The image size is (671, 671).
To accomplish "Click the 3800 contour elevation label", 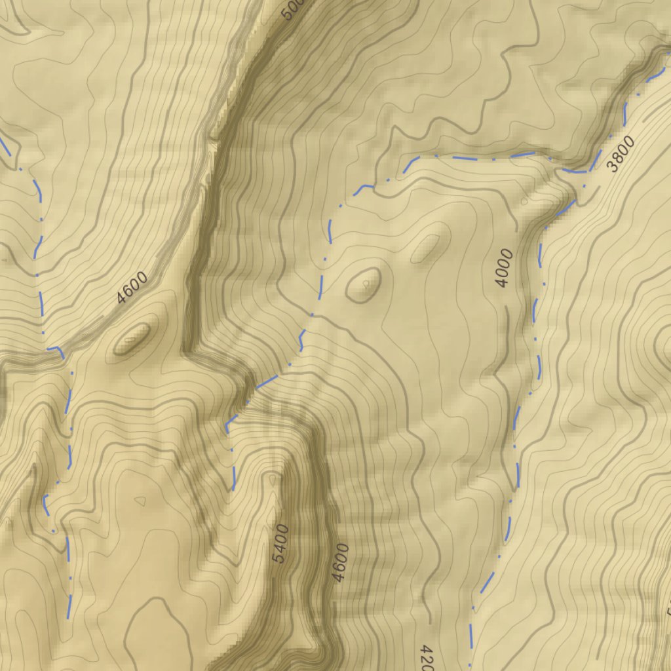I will [x=621, y=154].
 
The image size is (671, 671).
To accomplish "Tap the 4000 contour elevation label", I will [x=503, y=268].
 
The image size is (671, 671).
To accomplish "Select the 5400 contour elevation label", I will [x=280, y=544].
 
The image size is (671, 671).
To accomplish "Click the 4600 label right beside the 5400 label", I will [x=340, y=562].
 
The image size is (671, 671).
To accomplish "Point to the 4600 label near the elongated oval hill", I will [x=132, y=288].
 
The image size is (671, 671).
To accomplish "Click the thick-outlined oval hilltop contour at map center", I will [x=363, y=285].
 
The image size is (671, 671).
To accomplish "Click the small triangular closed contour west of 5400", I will [x=140, y=501].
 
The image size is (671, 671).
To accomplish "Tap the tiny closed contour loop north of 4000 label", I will [x=524, y=201].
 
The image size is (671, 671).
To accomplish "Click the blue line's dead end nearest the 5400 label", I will [x=233, y=489].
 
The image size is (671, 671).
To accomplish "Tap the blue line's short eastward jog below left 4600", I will [x=55, y=349].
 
